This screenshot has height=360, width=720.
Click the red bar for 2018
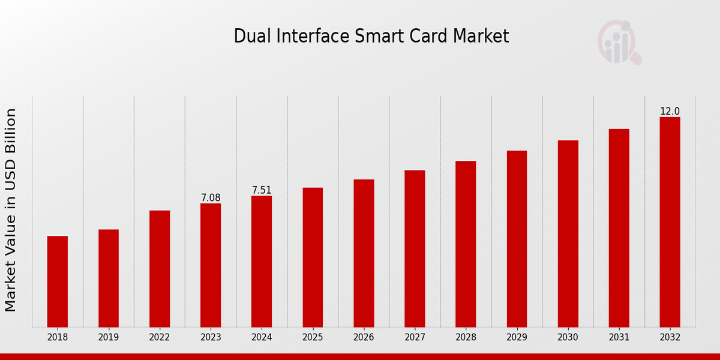pos(58,281)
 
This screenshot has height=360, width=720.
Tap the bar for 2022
pos(160,268)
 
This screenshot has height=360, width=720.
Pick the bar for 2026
pos(364,253)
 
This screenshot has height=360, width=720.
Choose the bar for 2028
pos(466,244)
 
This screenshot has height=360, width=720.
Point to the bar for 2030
pos(568,233)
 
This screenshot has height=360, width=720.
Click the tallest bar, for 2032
pos(670,221)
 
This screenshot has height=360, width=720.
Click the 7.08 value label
pos(211,197)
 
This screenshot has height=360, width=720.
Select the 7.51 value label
pos(262,190)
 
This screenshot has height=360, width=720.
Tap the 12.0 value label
pos(670,112)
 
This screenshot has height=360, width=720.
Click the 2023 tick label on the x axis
pos(211,337)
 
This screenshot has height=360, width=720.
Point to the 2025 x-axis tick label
pos(313,337)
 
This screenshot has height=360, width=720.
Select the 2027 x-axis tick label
pos(415,337)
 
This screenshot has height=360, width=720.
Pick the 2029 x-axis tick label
pos(517,337)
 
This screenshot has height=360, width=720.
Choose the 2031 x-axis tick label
pos(619,337)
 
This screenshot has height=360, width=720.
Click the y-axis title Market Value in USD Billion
pos(11,210)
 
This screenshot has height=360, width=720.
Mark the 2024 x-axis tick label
pos(262,337)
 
